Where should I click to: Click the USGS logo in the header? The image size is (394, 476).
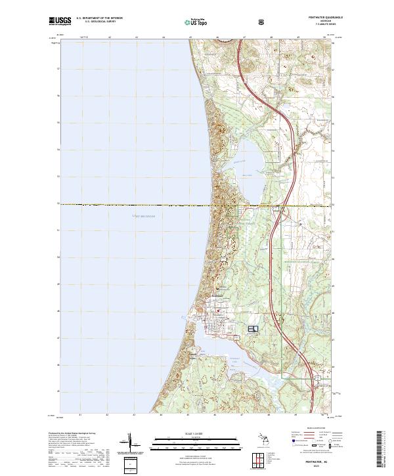click(60, 22)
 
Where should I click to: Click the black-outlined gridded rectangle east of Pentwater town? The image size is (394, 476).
click(253, 328)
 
